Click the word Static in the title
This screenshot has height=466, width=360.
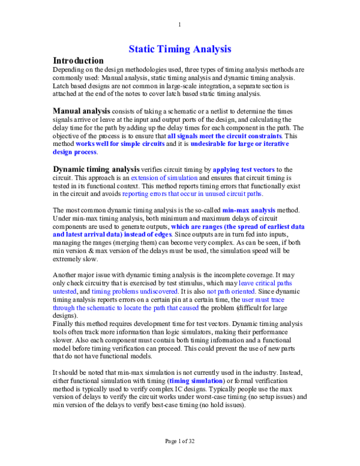pos(142,50)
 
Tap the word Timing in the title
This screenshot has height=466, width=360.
pos(174,50)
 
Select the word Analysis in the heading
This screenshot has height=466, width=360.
pos(212,50)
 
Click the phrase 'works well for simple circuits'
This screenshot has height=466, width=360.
pos(120,144)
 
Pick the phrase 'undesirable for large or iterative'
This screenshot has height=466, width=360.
pos(239,144)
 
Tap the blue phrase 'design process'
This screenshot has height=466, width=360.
pos(74,153)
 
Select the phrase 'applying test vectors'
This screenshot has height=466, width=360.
pos(243,171)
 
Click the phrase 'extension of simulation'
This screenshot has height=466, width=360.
pos(164,178)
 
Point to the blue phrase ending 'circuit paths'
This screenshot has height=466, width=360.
pos(191,195)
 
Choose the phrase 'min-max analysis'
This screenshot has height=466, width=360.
pos(248,211)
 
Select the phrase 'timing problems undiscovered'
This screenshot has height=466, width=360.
pos(134,292)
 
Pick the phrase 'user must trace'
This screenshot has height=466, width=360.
pos(262,300)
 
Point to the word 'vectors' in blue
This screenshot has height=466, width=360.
pos(263,171)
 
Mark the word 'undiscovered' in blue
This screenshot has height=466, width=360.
pos(158,292)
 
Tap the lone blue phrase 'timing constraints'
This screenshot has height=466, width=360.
pos(196,381)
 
